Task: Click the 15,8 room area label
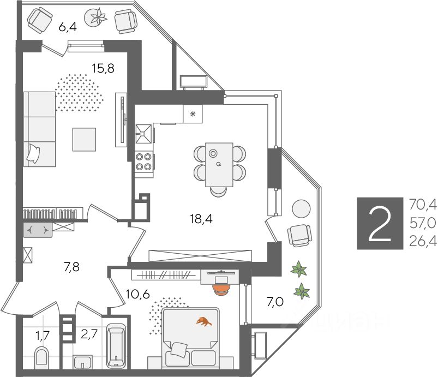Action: coord(103,69)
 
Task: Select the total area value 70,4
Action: coord(423,205)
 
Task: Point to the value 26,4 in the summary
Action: coord(423,241)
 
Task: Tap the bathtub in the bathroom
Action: coord(117,347)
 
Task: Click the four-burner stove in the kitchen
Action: coord(144,161)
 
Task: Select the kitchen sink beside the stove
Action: coord(143,133)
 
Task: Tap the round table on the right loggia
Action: coord(301,208)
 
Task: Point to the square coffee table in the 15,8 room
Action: coord(85,139)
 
